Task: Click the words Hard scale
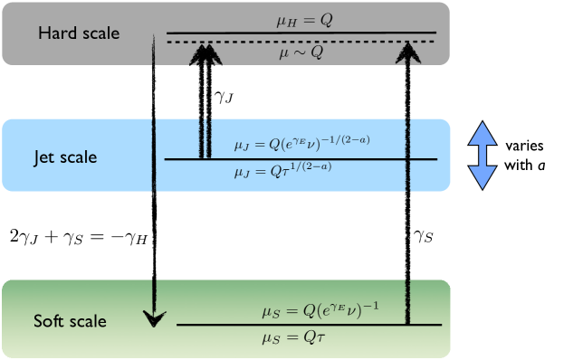79,33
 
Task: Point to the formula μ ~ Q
301,53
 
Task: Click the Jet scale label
65,157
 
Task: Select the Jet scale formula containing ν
302,143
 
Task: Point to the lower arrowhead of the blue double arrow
482,176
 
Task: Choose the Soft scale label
70,321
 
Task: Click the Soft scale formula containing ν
320,310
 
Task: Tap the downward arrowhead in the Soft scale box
156,317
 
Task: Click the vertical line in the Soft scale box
408,302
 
